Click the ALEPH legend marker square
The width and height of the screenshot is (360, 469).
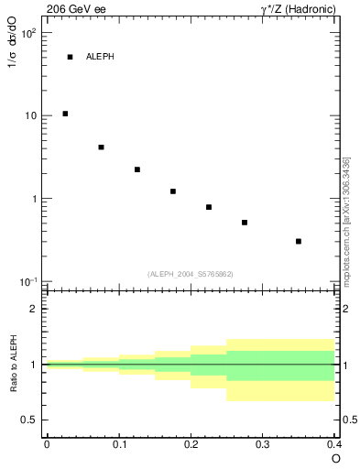click(70, 57)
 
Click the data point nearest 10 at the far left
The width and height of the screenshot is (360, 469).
click(65, 114)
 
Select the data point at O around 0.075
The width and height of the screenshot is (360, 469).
click(101, 147)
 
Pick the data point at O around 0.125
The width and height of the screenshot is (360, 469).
click(136, 169)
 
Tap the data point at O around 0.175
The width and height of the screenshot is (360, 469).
click(173, 191)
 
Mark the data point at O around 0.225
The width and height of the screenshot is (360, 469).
click(209, 207)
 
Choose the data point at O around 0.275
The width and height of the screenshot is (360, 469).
click(245, 223)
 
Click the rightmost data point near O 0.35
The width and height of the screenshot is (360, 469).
click(299, 241)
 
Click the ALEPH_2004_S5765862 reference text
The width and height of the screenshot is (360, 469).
click(190, 274)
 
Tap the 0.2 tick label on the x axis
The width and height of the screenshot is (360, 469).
click(191, 444)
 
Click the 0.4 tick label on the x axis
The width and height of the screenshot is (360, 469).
click(333, 444)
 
